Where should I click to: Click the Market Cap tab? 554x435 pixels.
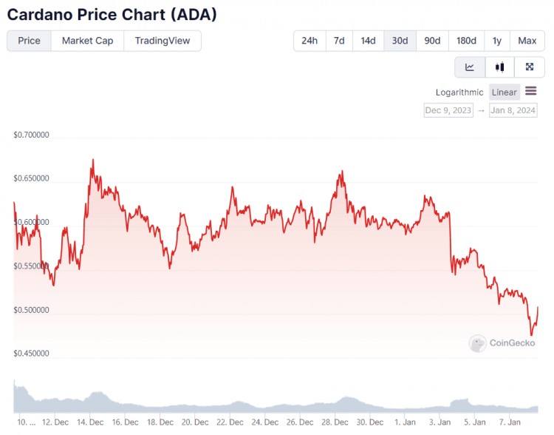(87, 41)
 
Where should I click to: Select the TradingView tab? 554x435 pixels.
(162, 41)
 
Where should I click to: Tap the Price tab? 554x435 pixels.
(29, 41)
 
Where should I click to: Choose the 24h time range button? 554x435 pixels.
(309, 41)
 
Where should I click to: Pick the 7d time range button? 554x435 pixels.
(338, 41)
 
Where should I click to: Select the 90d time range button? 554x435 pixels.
(432, 41)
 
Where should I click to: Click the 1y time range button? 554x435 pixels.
(497, 41)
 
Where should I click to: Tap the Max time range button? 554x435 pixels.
(527, 41)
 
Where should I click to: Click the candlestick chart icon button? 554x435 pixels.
(499, 67)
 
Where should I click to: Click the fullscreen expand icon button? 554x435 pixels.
(529, 67)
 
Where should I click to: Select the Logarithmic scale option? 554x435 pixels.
(459, 92)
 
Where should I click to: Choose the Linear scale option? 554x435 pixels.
(504, 92)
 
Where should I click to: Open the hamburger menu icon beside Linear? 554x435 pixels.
(530, 92)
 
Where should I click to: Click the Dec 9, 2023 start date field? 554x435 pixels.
(448, 110)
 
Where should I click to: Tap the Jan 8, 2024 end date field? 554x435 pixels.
(513, 110)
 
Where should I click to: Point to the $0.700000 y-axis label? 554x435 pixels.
(31, 135)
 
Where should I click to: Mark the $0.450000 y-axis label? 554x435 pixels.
(31, 354)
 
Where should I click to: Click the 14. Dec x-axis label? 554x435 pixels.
(90, 422)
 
